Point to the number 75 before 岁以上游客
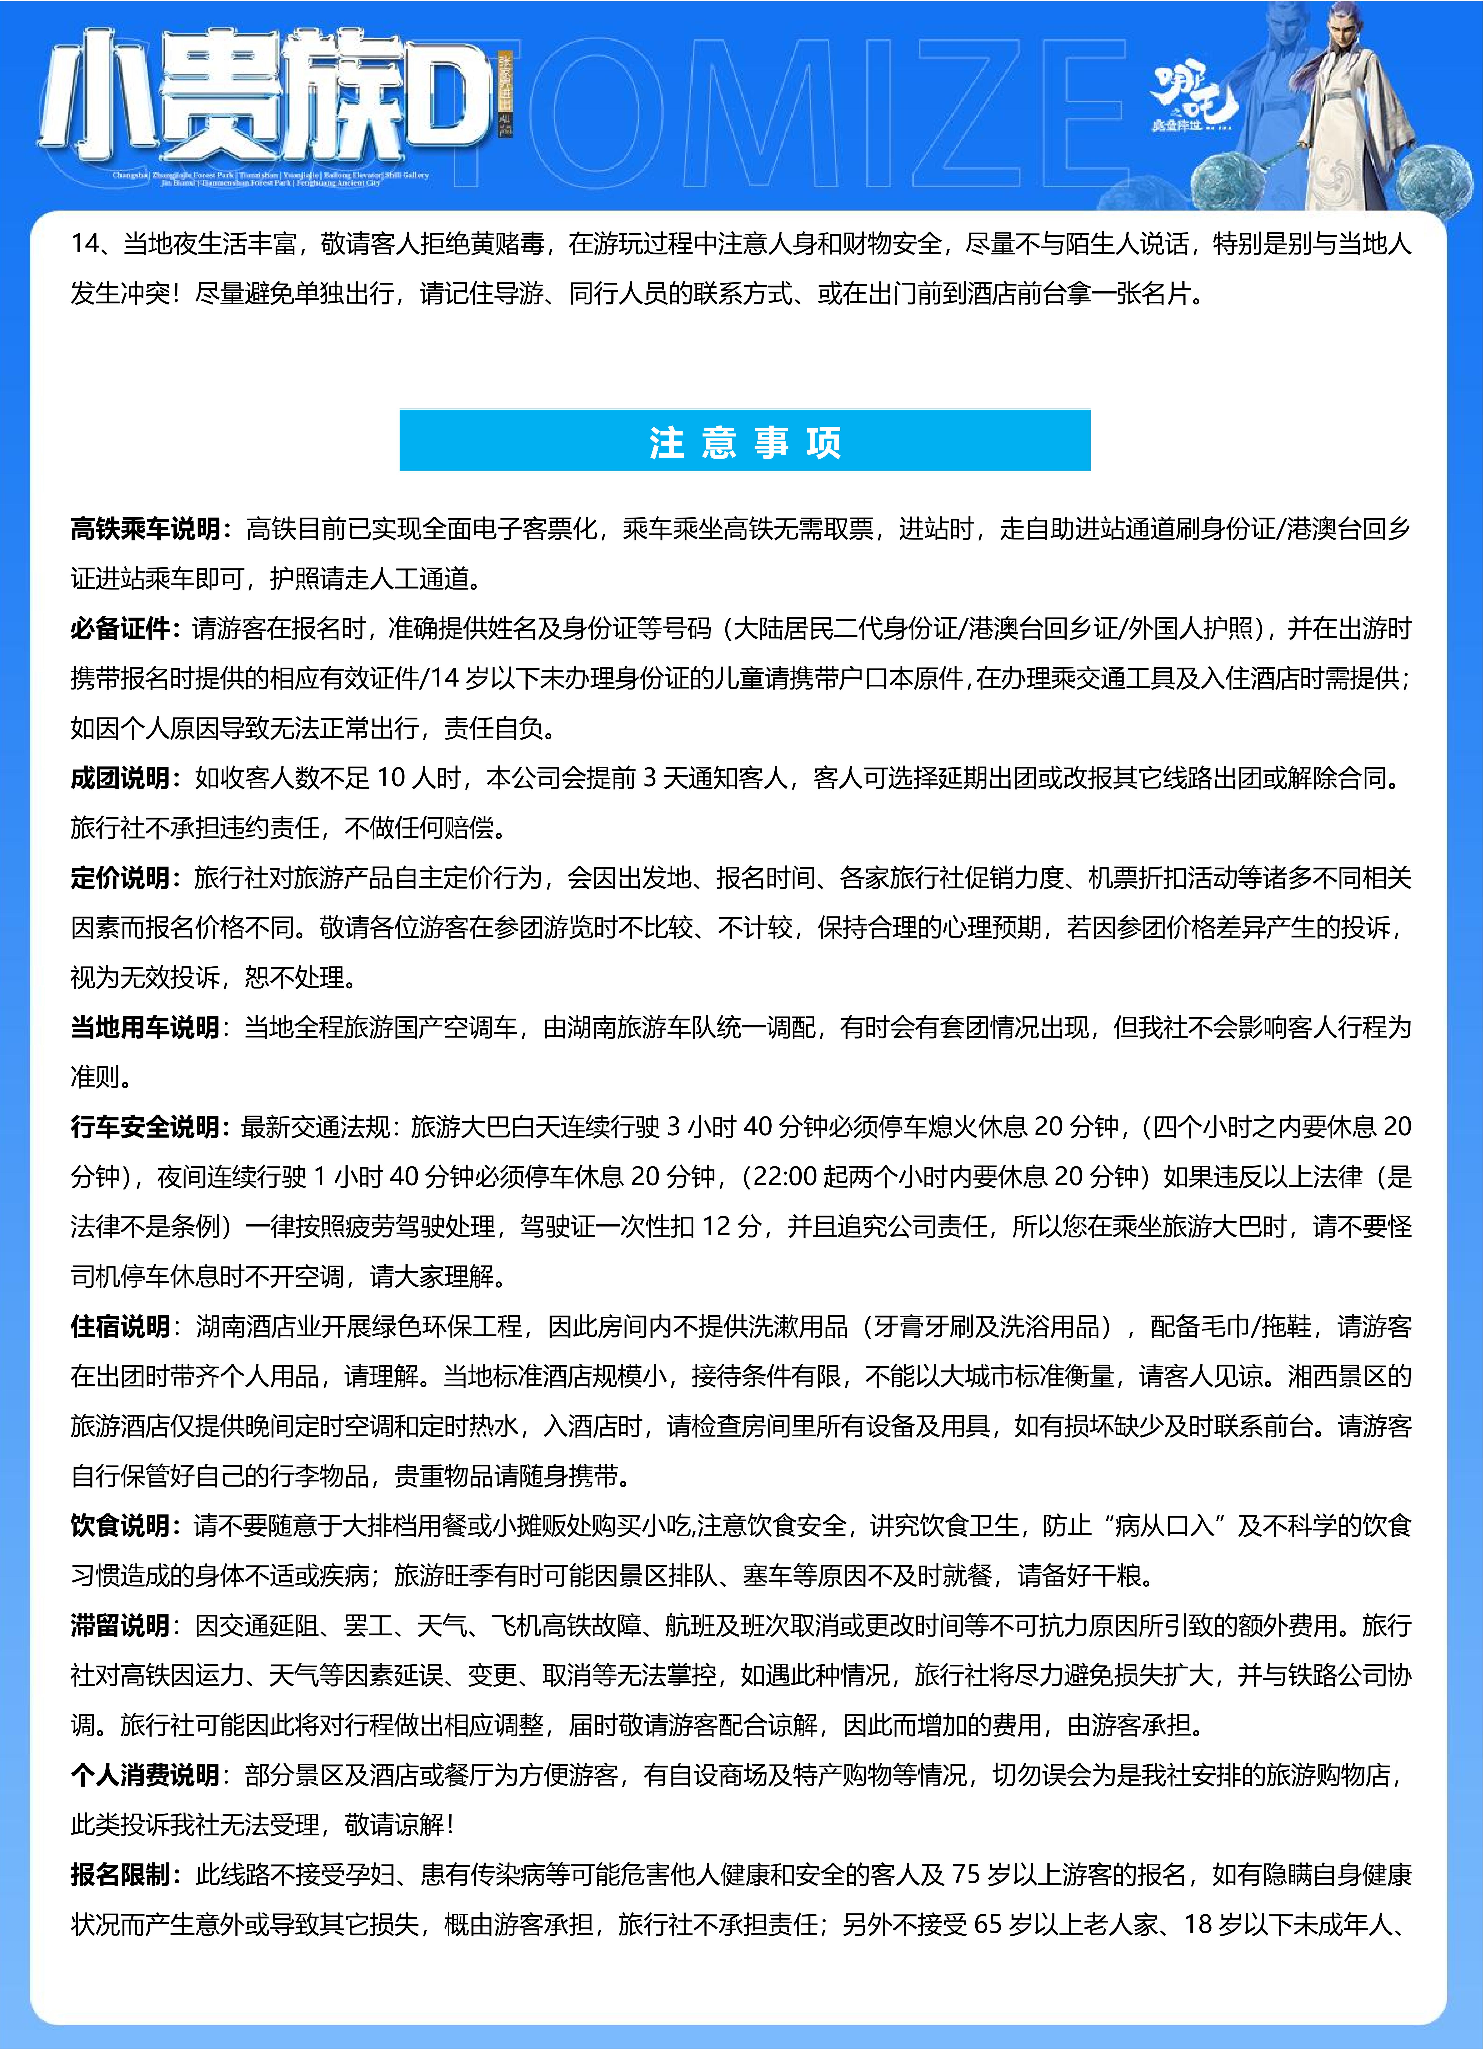click(x=965, y=1875)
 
